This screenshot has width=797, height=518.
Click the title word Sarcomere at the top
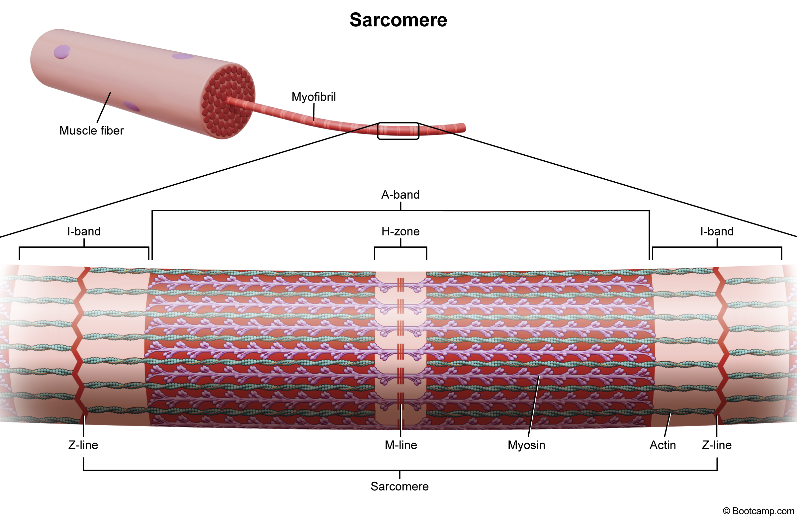coord(398,20)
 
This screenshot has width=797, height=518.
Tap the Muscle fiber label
coord(91,130)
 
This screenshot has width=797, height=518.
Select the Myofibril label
coord(314,97)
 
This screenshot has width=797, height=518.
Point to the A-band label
coord(400,195)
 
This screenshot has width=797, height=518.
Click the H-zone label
coord(400,231)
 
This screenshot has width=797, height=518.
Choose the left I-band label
coord(84,231)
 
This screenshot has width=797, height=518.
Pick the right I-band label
coord(717,231)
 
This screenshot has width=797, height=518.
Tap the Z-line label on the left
coord(83,445)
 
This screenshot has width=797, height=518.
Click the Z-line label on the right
coord(717,445)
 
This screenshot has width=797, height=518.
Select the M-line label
coord(401,445)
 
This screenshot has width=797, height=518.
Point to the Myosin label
coord(526,445)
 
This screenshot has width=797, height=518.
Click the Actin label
coord(663,445)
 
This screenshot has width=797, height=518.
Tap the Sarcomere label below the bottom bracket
coord(399,486)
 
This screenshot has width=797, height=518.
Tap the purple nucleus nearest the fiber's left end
coord(62,52)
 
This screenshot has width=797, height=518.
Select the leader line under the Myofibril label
coord(314,112)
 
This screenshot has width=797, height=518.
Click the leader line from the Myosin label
coord(534,406)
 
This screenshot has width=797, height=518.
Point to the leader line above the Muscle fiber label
coord(104,107)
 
